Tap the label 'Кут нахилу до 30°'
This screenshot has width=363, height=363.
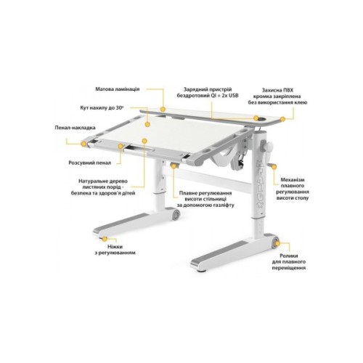tap(104, 107)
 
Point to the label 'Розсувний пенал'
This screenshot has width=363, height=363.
tap(91, 164)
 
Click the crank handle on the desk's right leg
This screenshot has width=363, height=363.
tap(268, 151)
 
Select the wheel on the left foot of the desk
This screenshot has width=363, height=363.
tap(176, 217)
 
